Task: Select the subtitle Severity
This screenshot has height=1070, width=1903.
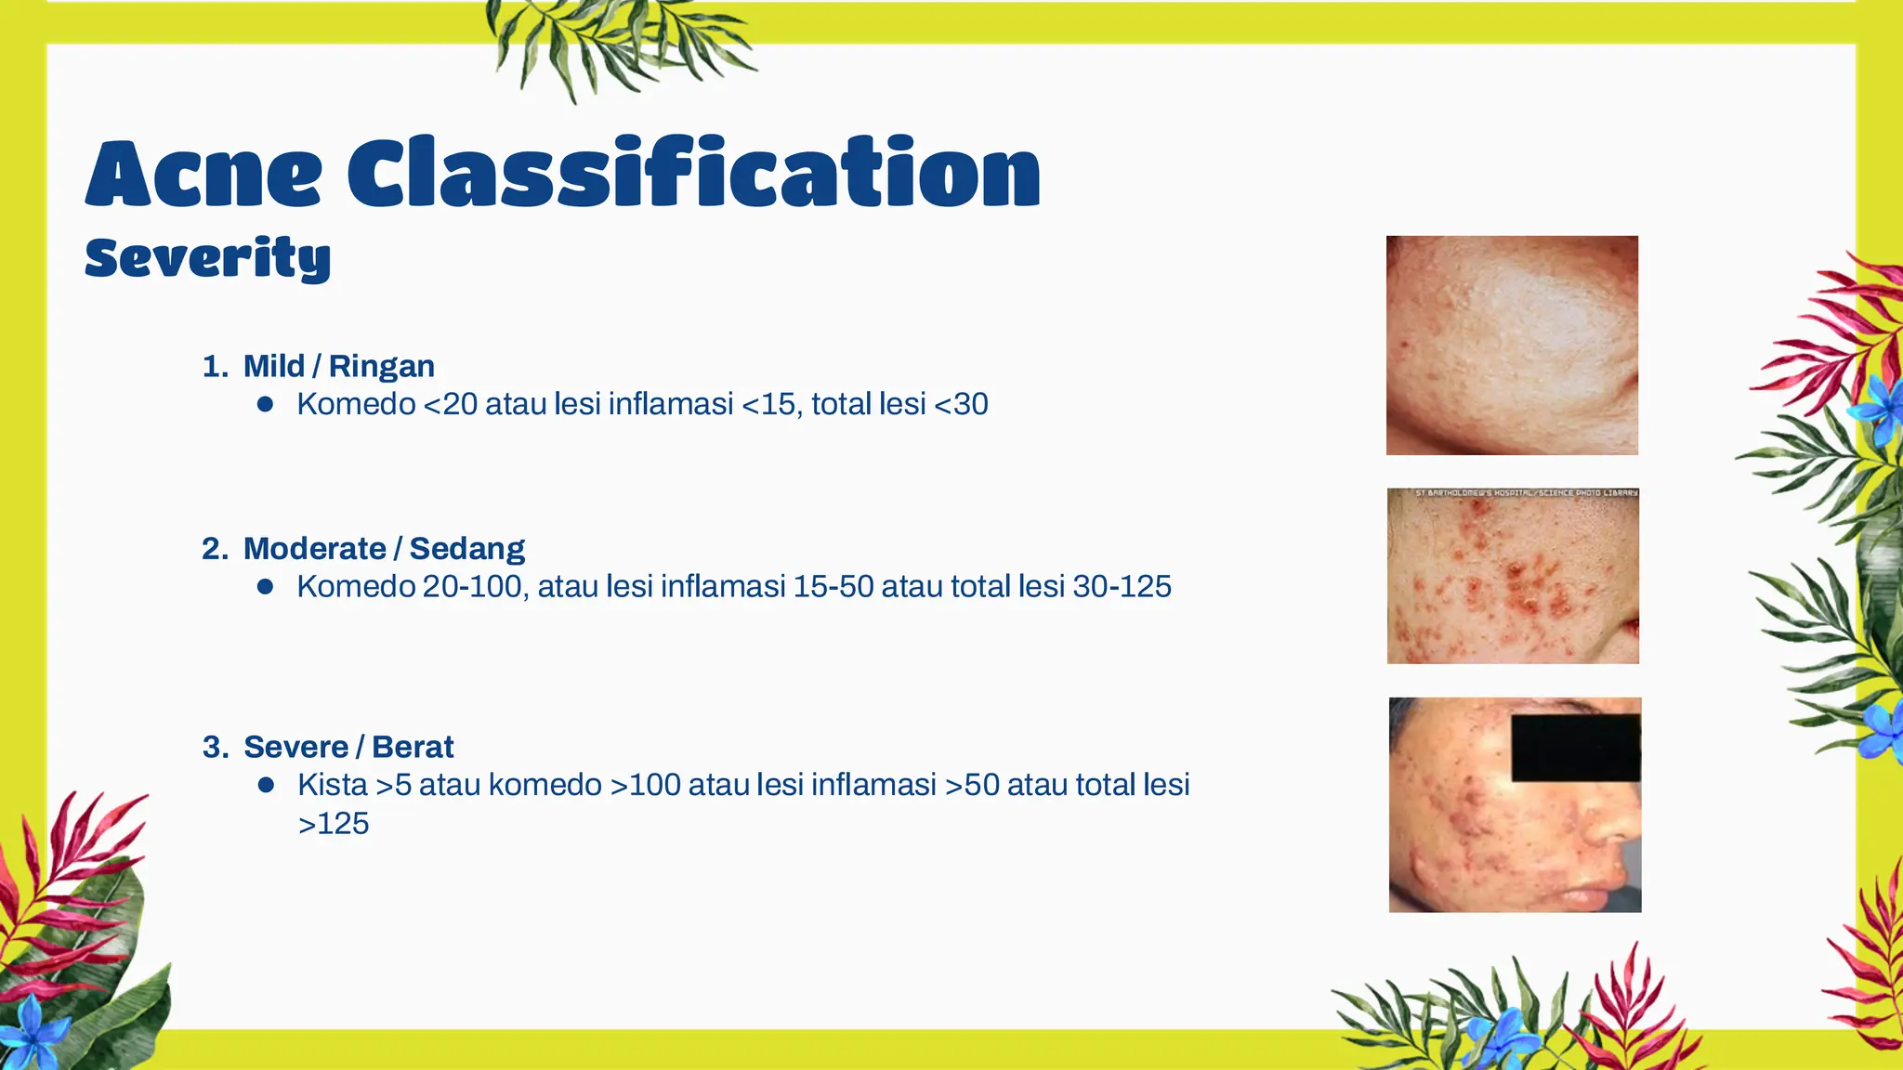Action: pos(207,257)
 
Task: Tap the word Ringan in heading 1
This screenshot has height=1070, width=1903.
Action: pos(381,366)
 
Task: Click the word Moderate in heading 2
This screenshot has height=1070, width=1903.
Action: pos(314,549)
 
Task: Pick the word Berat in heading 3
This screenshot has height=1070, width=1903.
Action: pos(413,747)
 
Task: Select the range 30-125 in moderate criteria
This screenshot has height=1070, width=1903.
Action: pos(1122,587)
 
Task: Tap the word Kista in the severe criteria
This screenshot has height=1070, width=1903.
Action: pos(333,785)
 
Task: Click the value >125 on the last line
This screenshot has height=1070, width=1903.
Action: pos(334,824)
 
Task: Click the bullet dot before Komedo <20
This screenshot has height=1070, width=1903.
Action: pos(266,404)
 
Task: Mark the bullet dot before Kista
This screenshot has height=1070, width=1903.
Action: pos(266,785)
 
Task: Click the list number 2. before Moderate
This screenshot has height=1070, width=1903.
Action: pos(215,549)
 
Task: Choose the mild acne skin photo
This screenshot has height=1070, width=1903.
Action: pos(1512,345)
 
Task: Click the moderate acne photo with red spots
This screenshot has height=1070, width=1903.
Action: pos(1513,581)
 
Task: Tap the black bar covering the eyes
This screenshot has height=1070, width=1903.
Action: pos(1575,748)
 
